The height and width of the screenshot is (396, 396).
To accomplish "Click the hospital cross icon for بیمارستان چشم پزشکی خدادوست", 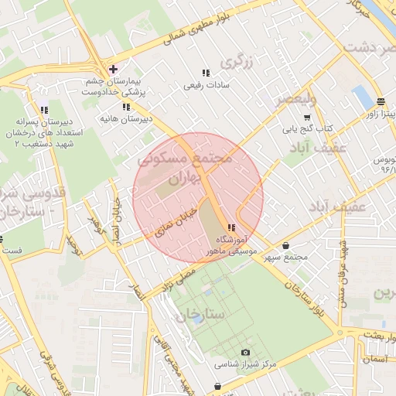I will (113, 69).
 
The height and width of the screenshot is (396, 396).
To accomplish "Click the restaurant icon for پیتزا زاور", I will (381, 102).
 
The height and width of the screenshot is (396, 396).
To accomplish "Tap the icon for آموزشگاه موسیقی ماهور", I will (232, 227).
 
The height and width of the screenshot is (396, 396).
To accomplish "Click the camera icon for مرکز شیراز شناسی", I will (246, 353).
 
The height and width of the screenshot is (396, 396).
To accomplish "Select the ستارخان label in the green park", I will (200, 316).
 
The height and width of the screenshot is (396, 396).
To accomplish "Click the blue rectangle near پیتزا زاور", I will (361, 98).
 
